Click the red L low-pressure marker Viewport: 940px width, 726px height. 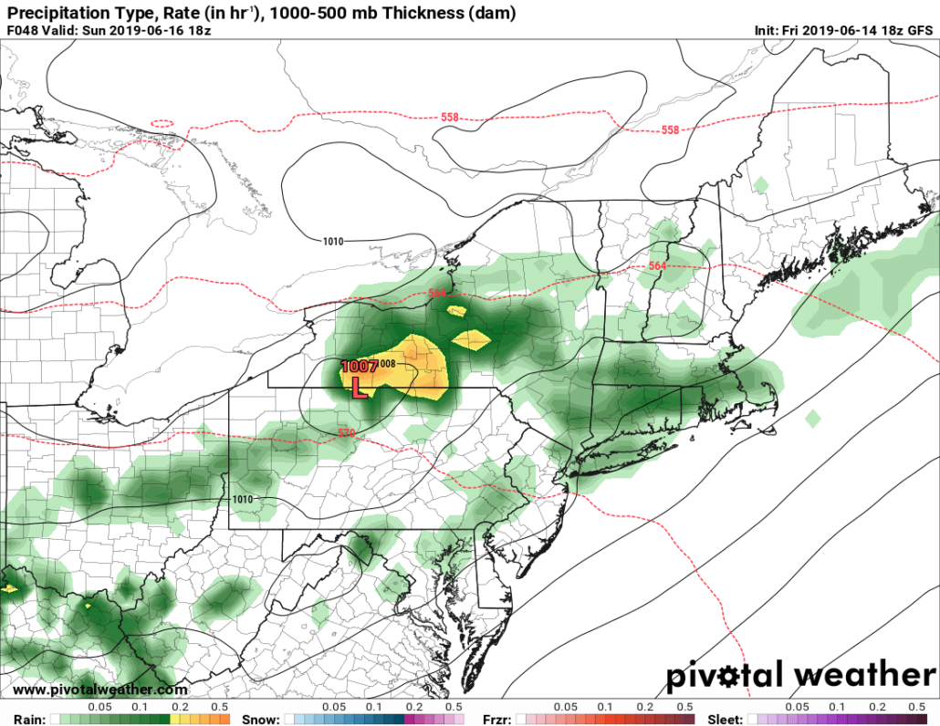359,389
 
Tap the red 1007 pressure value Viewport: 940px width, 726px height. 359,367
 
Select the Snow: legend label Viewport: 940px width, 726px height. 260,719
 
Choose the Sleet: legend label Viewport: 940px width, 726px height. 726,719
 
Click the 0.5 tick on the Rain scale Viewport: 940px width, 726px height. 218,707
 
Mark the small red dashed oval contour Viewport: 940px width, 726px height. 162,123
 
